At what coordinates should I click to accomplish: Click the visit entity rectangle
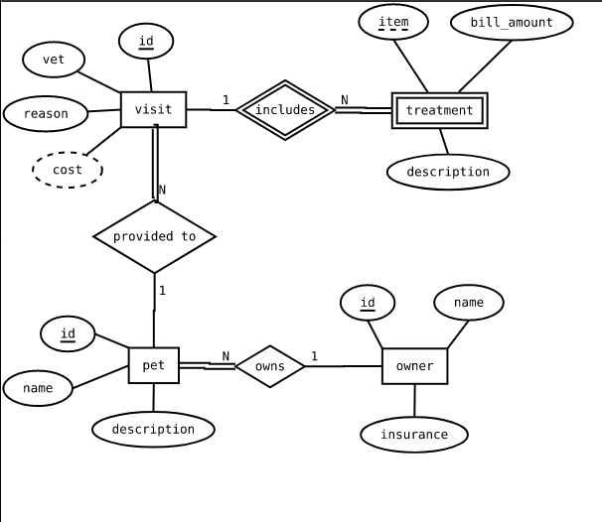tap(153, 109)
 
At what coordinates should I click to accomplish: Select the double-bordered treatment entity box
tap(439, 110)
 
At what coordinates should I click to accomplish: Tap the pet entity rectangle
tap(153, 365)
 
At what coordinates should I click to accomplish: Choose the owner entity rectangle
tap(414, 366)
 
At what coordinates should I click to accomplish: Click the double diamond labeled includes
tap(285, 110)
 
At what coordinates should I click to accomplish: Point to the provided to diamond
tap(154, 236)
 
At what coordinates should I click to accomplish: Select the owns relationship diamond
tap(269, 366)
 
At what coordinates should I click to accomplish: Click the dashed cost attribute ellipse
tap(68, 170)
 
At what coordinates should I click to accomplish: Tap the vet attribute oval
tap(54, 60)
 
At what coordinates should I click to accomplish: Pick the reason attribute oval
tap(46, 113)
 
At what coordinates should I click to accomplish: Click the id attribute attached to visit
tap(146, 41)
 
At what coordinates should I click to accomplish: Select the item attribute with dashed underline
tap(393, 22)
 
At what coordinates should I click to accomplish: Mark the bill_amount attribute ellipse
tap(512, 23)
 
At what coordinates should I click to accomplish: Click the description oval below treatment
tap(448, 172)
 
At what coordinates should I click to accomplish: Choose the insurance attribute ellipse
tap(414, 434)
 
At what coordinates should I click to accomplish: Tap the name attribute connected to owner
tap(469, 302)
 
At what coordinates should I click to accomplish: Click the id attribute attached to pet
tap(68, 333)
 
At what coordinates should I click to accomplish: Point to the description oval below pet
tap(153, 429)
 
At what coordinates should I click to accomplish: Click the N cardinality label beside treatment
tap(345, 99)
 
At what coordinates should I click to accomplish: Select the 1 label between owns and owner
tap(314, 356)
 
